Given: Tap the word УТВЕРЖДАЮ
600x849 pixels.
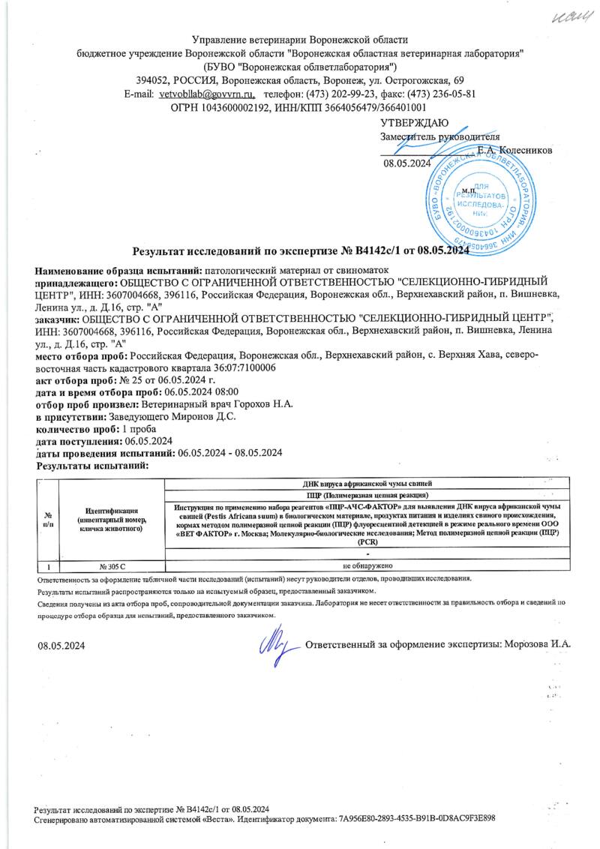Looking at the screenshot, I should pyautogui.click(x=414, y=122).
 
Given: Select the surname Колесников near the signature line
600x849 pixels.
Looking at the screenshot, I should pyautogui.click(x=525, y=150).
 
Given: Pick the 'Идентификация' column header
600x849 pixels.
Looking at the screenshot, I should pyautogui.click(x=110, y=518).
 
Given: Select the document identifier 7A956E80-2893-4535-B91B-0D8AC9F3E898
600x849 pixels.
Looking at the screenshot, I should pyautogui.click(x=417, y=820).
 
